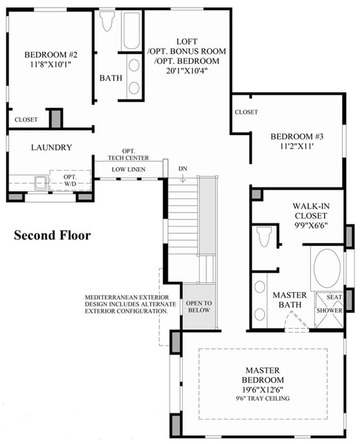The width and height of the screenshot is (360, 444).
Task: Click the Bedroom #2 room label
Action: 51,55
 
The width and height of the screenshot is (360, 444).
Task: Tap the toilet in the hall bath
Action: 107,21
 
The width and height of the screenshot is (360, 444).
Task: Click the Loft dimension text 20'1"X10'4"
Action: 187,71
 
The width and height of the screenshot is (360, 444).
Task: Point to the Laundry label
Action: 51,147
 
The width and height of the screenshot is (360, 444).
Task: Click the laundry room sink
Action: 41,183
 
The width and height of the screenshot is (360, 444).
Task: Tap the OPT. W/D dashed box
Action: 70,180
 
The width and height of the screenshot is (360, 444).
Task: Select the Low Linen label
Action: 128,169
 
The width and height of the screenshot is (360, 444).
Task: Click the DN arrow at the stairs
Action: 183,178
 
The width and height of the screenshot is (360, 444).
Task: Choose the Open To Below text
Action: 199,307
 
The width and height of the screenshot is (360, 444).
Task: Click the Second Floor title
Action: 52,235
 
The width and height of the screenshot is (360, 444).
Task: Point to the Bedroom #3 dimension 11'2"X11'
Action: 297,146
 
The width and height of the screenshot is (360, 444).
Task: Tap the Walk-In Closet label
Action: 311,211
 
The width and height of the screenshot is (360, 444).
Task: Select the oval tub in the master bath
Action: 327,268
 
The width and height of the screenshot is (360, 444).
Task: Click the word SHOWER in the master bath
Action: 330,310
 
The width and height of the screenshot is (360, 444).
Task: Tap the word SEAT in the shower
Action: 334,297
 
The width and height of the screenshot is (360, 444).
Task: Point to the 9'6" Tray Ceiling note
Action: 263,398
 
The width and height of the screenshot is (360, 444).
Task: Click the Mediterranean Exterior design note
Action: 130,304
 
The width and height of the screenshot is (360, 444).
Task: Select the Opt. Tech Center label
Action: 128,155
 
